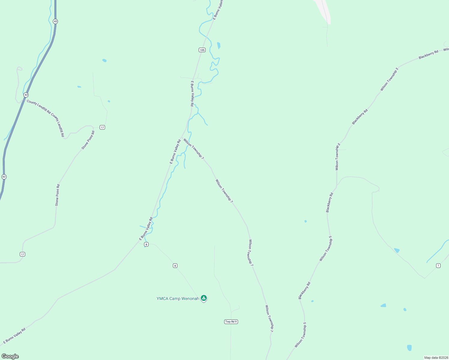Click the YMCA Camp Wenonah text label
point(177,298)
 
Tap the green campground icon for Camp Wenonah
point(204,298)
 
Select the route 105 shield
point(202,50)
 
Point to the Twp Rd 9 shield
point(231,322)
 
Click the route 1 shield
point(438,265)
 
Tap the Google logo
point(10,356)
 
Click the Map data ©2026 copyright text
point(436,358)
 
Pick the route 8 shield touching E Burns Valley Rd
point(146,244)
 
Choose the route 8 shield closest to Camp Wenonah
point(175,265)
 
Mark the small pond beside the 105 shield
point(218,45)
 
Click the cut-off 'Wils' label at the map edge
point(446,49)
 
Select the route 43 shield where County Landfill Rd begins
point(26,95)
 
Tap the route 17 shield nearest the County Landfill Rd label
point(102,127)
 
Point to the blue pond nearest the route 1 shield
point(397,250)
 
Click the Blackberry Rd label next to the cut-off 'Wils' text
point(428,54)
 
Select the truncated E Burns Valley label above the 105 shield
point(218,10)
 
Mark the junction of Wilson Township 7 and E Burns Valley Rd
point(182,138)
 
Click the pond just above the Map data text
point(409,348)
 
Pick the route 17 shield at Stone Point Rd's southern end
point(23,254)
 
